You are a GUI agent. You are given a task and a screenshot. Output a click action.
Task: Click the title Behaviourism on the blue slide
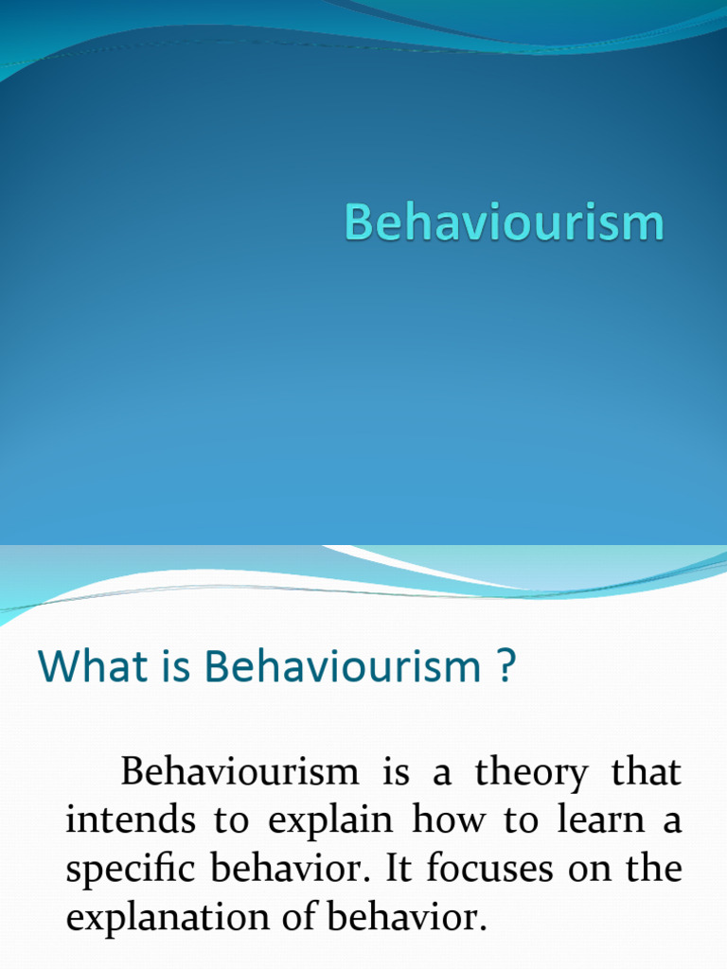tap(504, 223)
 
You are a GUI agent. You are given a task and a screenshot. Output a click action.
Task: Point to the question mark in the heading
tap(505, 668)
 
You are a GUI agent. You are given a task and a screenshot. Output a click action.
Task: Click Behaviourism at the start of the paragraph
tap(239, 773)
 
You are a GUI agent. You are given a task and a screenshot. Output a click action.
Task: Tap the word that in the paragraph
tap(646, 773)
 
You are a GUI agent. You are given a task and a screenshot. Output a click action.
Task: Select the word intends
tap(129, 820)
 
